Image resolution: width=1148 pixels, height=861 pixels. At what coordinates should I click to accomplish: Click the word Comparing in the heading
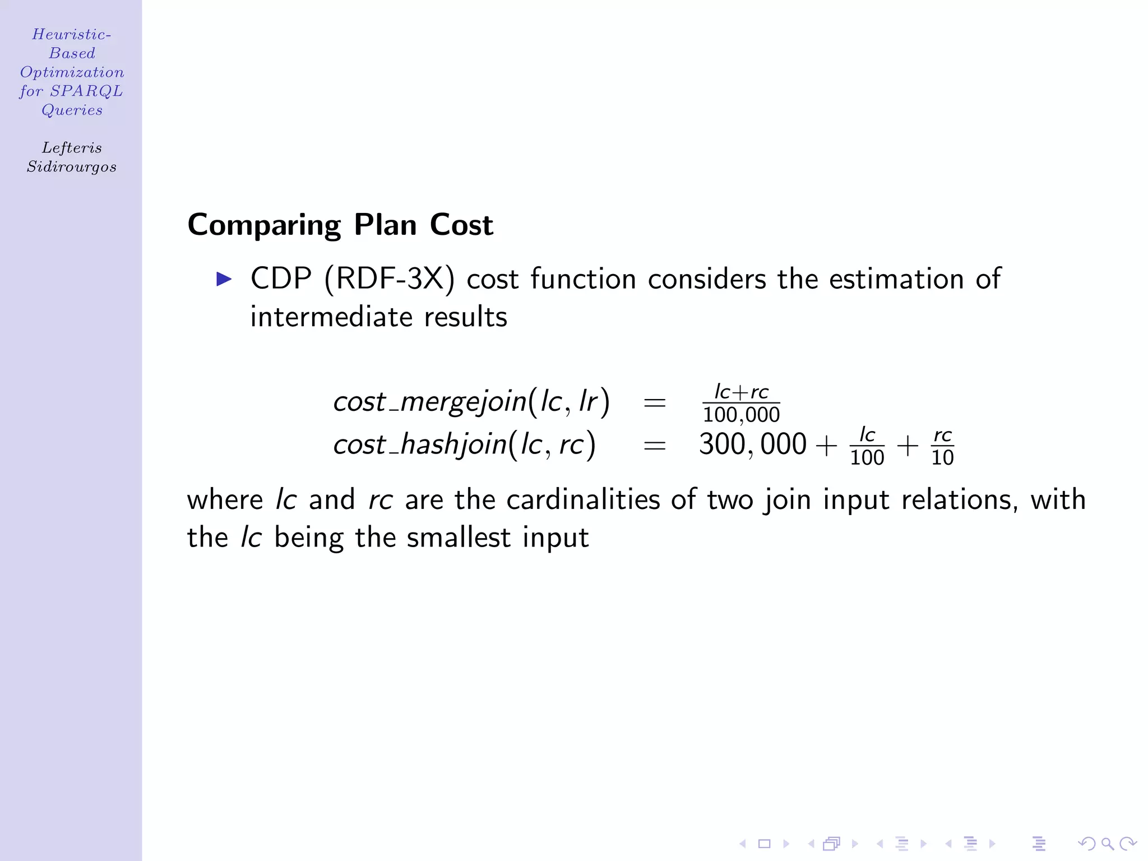pyautogui.click(x=264, y=225)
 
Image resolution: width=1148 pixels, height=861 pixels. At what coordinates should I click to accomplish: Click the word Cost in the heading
pyautogui.click(x=461, y=225)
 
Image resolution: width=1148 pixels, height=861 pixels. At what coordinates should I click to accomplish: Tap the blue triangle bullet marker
pyautogui.click(x=224, y=279)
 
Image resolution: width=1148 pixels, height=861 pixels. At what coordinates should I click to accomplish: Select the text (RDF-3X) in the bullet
pyautogui.click(x=389, y=279)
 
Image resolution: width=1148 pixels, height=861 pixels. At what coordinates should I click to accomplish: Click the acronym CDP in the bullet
pyautogui.click(x=281, y=279)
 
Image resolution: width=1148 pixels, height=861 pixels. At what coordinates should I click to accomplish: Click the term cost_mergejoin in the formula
pyautogui.click(x=430, y=402)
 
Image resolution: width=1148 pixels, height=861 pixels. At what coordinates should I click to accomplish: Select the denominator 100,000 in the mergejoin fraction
pyautogui.click(x=741, y=415)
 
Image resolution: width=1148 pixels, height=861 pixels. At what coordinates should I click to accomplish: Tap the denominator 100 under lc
pyautogui.click(x=867, y=457)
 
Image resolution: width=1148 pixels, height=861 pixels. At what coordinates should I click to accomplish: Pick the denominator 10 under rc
pyautogui.click(x=942, y=457)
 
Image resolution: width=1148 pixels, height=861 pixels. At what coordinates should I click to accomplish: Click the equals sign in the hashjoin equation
pyautogui.click(x=655, y=446)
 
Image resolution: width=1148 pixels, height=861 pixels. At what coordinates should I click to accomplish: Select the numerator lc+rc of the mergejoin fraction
pyautogui.click(x=741, y=391)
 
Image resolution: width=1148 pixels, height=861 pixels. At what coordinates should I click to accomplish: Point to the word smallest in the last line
pyautogui.click(x=459, y=538)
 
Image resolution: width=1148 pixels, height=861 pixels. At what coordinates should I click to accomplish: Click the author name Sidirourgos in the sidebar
pyautogui.click(x=72, y=166)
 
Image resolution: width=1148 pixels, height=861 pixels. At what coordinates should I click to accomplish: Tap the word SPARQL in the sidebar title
pyautogui.click(x=86, y=91)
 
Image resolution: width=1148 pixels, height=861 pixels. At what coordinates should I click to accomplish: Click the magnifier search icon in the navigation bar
pyautogui.click(x=1107, y=844)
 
